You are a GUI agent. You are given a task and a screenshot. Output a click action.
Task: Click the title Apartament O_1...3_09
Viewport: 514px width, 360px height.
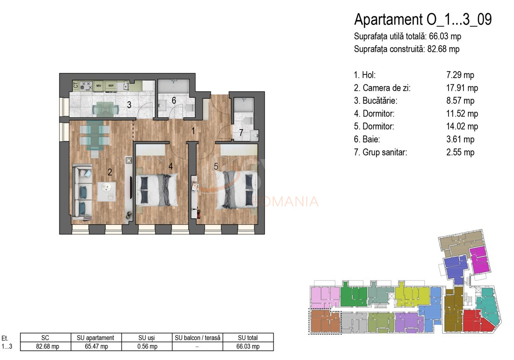pyautogui.click(x=423, y=20)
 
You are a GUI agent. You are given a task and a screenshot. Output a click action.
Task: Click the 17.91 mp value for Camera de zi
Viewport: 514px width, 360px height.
pyautogui.click(x=462, y=88)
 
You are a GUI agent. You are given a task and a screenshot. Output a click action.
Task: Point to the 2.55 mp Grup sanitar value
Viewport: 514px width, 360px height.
pyautogui.click(x=461, y=152)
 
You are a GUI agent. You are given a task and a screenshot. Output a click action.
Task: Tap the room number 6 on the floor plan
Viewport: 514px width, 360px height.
pyautogui.click(x=174, y=100)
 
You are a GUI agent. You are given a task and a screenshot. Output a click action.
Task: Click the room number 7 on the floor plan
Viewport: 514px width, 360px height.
pyautogui.click(x=241, y=133)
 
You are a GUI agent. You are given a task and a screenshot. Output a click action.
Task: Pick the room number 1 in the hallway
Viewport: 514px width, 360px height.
pyautogui.click(x=193, y=131)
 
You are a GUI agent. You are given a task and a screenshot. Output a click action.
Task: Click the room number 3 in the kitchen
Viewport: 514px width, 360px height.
pyautogui.click(x=129, y=105)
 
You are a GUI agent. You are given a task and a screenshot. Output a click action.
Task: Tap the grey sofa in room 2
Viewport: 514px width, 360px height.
pyautogui.click(x=82, y=191)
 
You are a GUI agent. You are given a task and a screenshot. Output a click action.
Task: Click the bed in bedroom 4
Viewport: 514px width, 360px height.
pyautogui.click(x=157, y=190)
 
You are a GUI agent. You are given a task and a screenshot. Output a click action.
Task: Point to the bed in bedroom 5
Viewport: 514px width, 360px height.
pyautogui.click(x=237, y=189)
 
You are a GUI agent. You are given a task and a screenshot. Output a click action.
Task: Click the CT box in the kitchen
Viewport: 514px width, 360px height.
pyautogui.click(x=75, y=86)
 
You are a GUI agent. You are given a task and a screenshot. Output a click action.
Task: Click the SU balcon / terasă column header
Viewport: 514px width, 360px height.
pyautogui.click(x=198, y=338)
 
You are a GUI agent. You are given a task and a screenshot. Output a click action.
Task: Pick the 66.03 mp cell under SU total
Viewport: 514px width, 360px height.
pyautogui.click(x=248, y=346)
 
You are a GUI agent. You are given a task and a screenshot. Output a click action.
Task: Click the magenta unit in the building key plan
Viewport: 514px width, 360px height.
pyautogui.click(x=479, y=260)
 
